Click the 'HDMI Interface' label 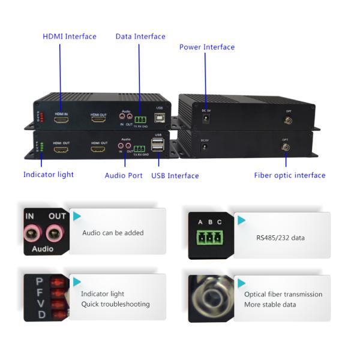coord(69,37)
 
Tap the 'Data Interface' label coord(140,37)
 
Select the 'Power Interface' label coord(207,47)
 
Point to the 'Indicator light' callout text coord(49,175)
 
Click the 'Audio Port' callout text coord(124,176)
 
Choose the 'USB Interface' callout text coord(175,176)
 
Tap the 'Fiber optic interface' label coord(289,175)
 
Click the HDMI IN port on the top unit coord(61,120)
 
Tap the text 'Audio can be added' coord(113,233)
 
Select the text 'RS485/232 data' coord(280,238)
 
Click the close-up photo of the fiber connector coord(209,299)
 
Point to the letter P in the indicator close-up coord(40,281)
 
